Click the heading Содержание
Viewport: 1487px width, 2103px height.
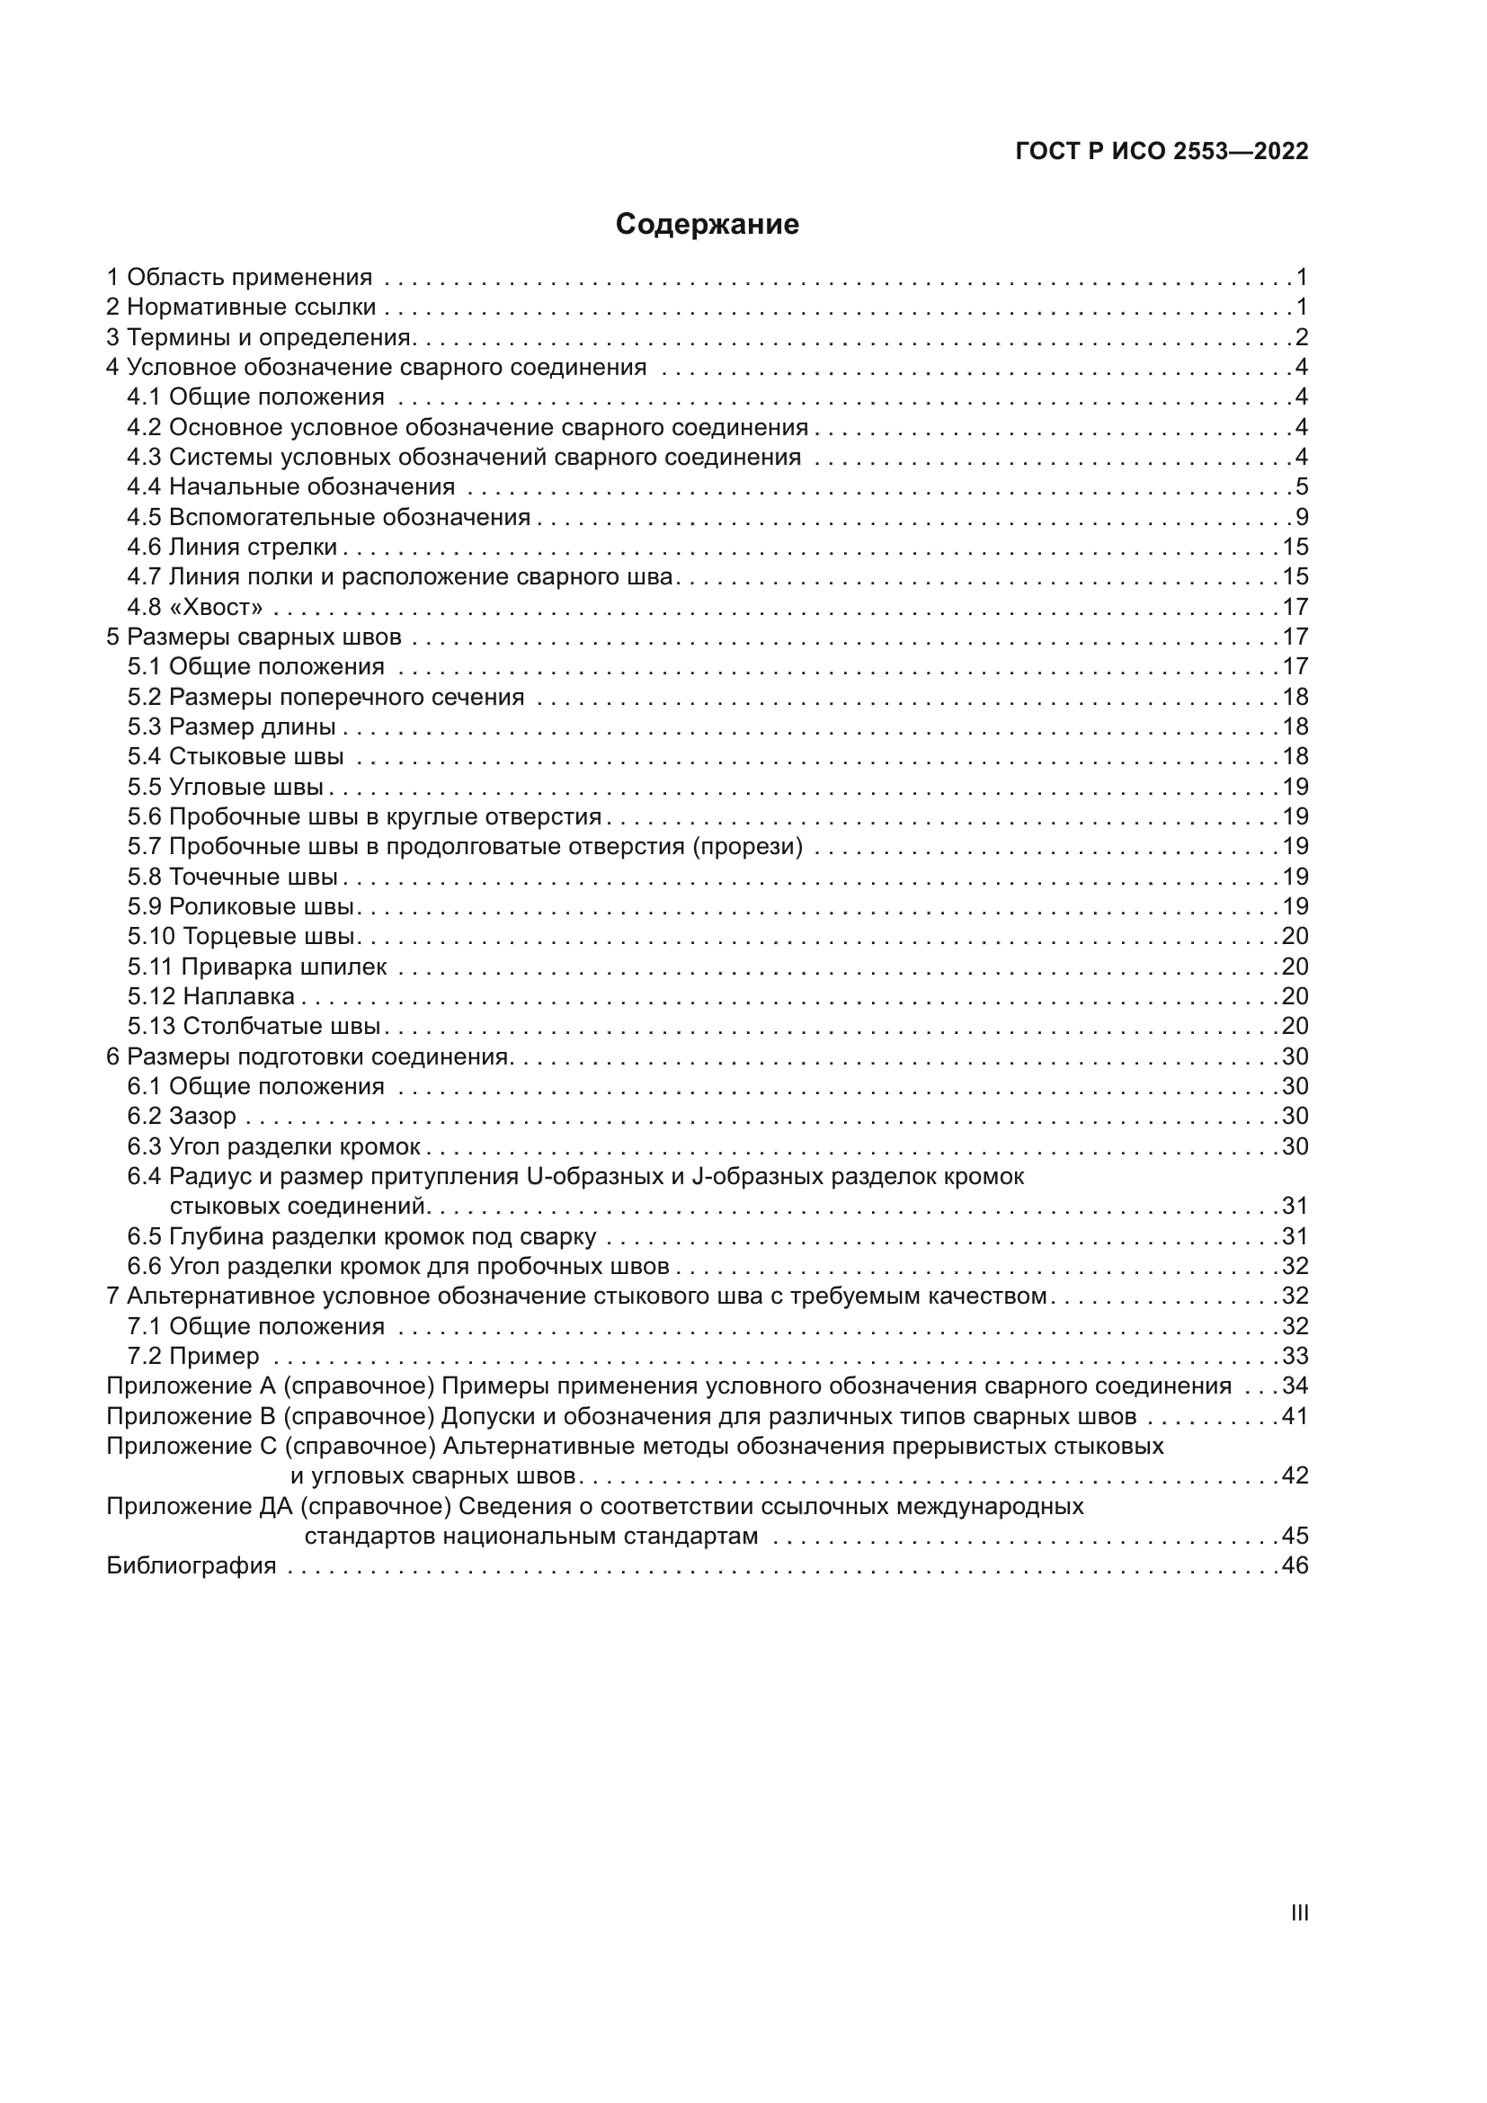click(x=707, y=225)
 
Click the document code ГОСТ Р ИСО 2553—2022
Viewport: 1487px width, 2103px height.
click(x=1161, y=152)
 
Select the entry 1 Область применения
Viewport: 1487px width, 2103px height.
click(x=240, y=278)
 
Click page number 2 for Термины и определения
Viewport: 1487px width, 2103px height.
click(x=1301, y=337)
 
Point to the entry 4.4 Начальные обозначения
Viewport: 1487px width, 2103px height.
click(x=290, y=486)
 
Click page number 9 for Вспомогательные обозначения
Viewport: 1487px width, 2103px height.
click(x=1301, y=517)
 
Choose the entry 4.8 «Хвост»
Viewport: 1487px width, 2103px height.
click(x=195, y=607)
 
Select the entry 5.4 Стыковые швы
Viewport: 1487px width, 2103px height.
click(x=236, y=756)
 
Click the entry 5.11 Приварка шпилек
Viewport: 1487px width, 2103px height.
click(x=256, y=967)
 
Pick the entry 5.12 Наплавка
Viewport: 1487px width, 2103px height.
click(x=210, y=996)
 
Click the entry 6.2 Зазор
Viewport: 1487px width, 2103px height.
click(x=182, y=1117)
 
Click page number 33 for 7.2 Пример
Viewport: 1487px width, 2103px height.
click(x=1295, y=1356)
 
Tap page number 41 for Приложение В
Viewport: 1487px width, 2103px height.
click(x=1295, y=1416)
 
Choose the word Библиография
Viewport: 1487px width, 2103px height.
click(x=191, y=1566)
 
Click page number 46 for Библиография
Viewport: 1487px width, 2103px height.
click(x=1295, y=1566)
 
